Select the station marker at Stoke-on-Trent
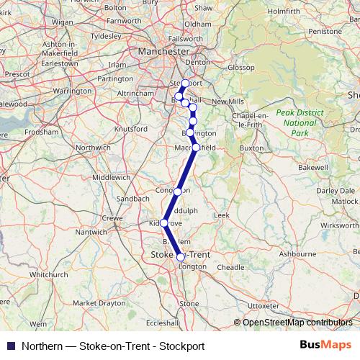(x=181, y=256)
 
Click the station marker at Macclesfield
(x=196, y=148)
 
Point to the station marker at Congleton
(x=178, y=192)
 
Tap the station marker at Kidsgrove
(x=163, y=222)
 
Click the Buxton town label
(x=252, y=148)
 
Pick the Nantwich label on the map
(x=91, y=232)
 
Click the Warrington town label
(x=72, y=91)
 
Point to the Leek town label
(x=221, y=215)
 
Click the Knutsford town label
(x=130, y=128)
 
